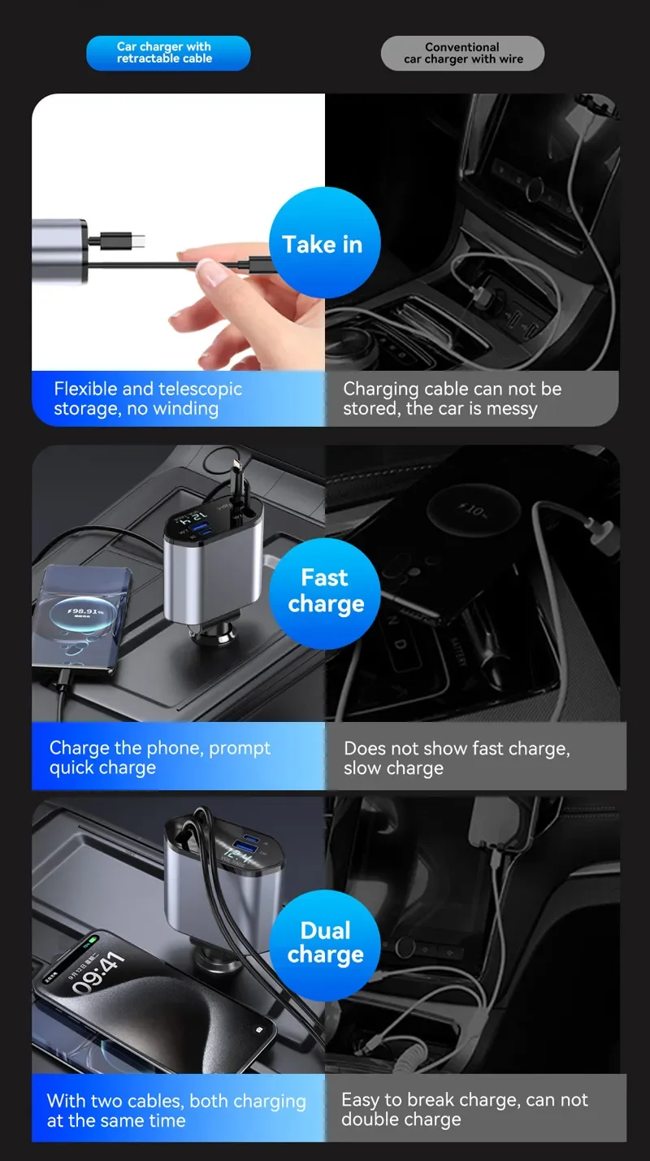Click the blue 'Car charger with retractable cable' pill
[168, 53]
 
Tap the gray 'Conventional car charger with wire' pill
[462, 53]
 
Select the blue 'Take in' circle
[325, 242]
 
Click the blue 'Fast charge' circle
[325, 593]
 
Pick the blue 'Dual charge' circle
[325, 945]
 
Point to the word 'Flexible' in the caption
[85, 388]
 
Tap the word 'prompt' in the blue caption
[240, 749]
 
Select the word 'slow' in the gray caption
[362, 767]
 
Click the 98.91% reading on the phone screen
[86, 611]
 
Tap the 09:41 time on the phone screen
[98, 974]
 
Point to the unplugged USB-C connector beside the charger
[123, 241]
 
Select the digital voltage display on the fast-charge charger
[194, 517]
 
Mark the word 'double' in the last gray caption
[369, 1120]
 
